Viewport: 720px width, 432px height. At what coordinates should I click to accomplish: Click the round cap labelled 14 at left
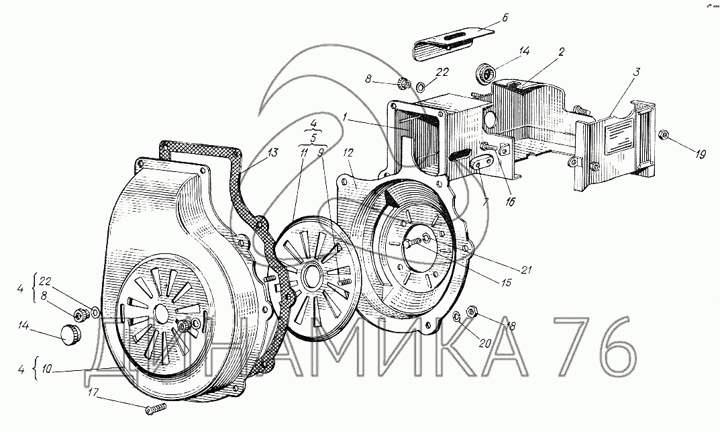tap(69, 334)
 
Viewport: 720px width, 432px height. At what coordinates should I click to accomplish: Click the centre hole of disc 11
tap(311, 276)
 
